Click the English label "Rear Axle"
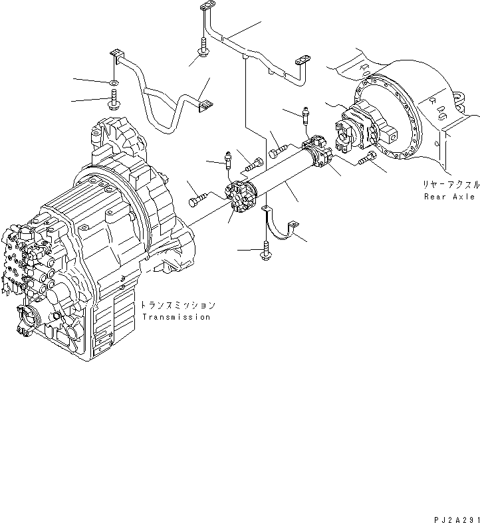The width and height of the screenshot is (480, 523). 450,197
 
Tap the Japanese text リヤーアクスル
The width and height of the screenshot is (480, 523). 449,186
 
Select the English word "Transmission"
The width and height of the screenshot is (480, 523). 176,317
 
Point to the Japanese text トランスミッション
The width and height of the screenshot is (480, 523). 178,306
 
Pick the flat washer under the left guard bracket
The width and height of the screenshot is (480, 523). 114,83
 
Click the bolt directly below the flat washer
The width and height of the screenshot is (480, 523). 112,104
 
